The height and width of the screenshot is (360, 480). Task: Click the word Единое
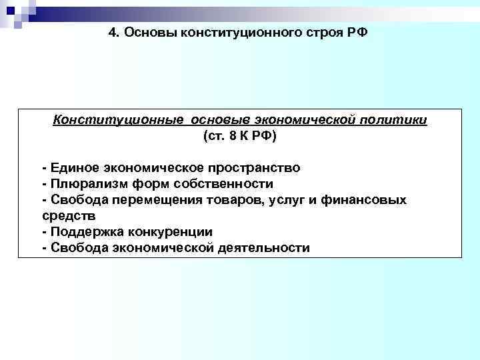(x=69, y=167)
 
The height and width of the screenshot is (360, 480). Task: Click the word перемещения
(x=159, y=200)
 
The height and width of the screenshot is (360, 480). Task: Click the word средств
(x=69, y=216)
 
